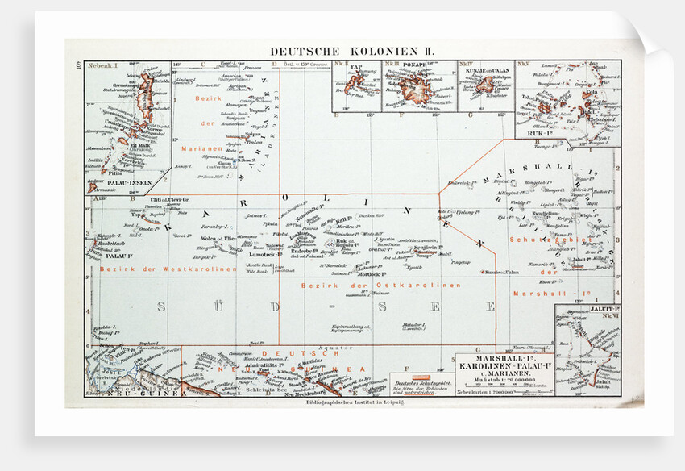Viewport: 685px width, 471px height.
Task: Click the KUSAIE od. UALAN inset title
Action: [484, 68]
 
